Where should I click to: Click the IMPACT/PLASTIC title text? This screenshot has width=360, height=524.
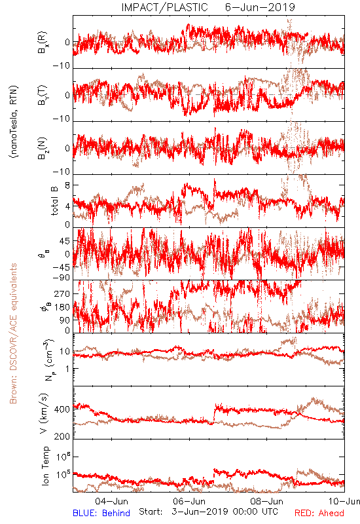164,7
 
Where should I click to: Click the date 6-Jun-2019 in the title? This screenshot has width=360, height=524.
260,7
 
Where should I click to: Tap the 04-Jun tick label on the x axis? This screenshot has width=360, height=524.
111,501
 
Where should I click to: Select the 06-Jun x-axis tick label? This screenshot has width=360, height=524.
189,501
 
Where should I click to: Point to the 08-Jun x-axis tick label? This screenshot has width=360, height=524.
266,501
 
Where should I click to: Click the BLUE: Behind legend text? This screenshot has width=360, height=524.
101,513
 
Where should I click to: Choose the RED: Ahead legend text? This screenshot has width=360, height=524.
319,513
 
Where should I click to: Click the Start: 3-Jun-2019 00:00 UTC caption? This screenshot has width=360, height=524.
208,512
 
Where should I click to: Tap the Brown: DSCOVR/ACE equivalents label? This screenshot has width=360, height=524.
13,333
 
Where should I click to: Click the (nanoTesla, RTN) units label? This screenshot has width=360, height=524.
14,121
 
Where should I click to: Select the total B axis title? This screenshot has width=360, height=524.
54,200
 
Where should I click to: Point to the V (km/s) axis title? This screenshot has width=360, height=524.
44,413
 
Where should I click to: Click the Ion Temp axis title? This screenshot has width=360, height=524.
45,466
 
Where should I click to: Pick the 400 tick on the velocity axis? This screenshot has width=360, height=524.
62,409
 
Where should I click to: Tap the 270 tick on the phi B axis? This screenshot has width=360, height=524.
62,293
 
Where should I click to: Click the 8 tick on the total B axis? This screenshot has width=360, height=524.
67,185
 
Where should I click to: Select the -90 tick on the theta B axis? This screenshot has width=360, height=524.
62,278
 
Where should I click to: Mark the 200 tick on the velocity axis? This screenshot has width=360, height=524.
62,436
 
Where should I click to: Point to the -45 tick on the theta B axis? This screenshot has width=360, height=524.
62,267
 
